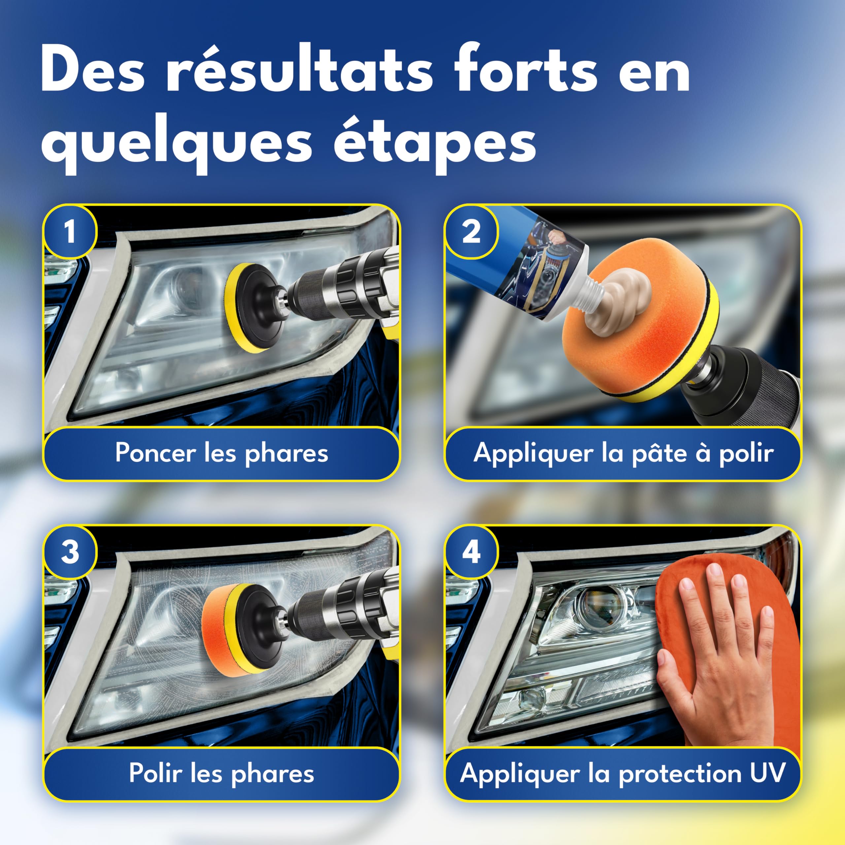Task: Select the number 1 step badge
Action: [x=70, y=231]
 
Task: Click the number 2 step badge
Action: [x=471, y=231]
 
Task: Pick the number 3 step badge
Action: [x=70, y=552]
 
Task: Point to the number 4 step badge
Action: [x=471, y=552]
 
